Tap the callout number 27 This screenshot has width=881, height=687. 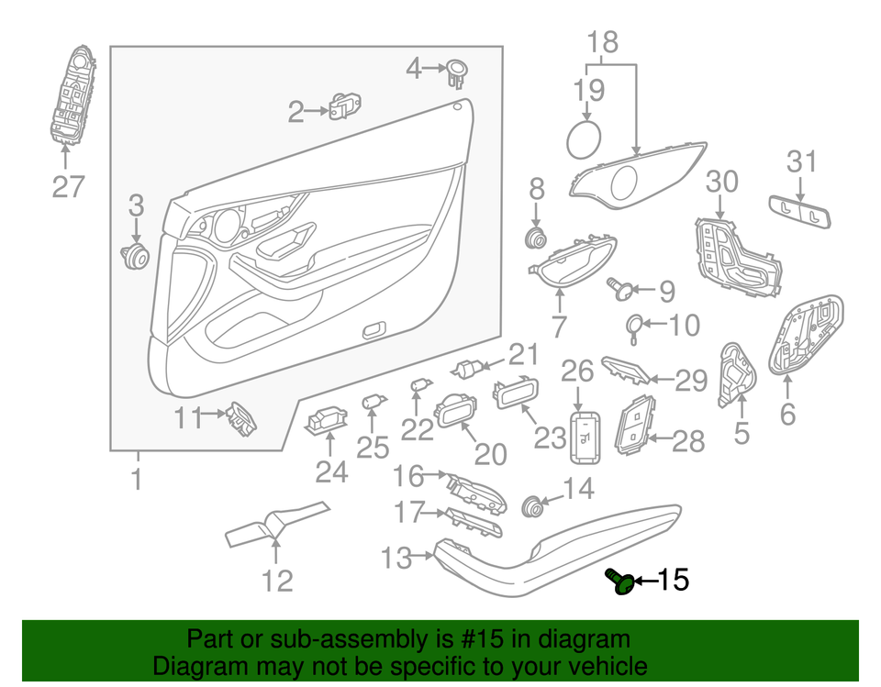click(68, 186)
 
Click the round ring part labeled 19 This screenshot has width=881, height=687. click(583, 138)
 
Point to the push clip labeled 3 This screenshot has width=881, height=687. click(137, 255)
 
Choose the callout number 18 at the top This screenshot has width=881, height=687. click(603, 41)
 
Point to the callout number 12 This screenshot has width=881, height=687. click(277, 581)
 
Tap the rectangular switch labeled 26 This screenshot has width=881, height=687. click(584, 437)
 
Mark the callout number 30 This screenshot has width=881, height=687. click(722, 181)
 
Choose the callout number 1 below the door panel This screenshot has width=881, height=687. click(136, 479)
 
